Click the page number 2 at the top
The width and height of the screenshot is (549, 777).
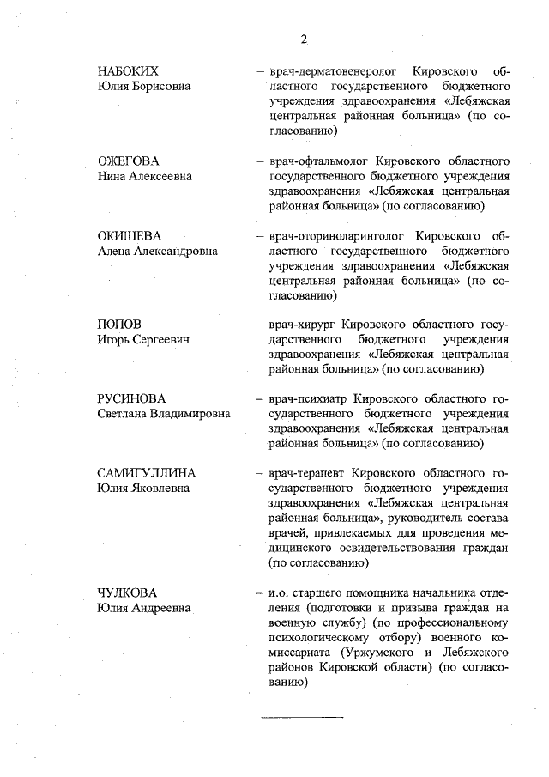coord(304,38)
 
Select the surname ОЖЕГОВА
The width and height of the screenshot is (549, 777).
coord(129,161)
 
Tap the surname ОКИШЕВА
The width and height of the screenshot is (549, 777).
coord(130,235)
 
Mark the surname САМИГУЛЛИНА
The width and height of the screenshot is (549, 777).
coord(147,473)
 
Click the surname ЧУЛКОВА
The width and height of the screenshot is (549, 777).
coord(129,592)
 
